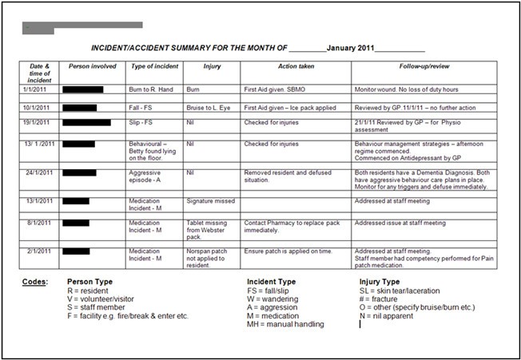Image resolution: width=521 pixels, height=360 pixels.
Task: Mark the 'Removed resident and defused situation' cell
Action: (x=288, y=176)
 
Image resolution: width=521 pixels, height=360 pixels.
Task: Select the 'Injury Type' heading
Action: (x=381, y=282)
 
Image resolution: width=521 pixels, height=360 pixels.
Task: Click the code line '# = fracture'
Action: (x=379, y=299)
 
